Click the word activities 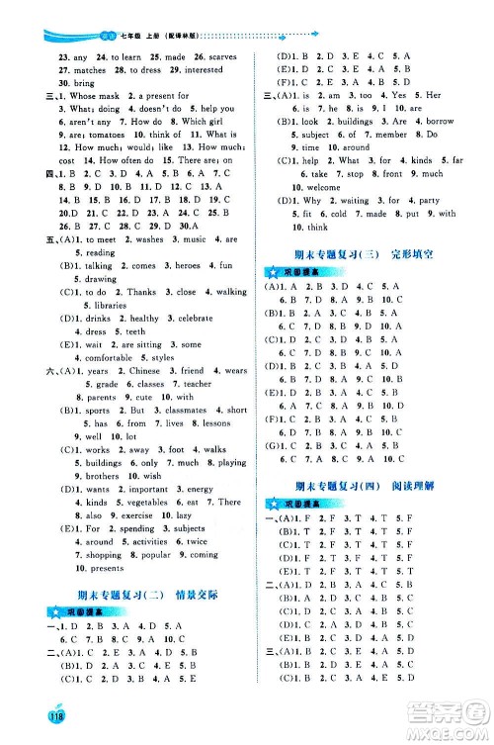tap(149, 542)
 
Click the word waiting tap(352, 200)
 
